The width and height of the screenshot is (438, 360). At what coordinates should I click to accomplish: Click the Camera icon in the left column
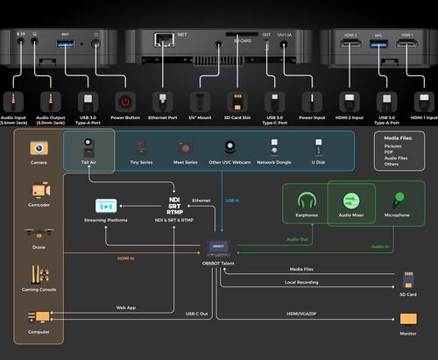click(39, 149)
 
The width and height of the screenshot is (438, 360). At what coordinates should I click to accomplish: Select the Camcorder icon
click(39, 190)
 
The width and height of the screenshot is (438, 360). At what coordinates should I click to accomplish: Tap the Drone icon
click(39, 233)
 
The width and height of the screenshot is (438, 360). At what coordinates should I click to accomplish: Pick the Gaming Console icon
click(39, 274)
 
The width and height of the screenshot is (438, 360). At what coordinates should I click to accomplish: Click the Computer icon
click(39, 316)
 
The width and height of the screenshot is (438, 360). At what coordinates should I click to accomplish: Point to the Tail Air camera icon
click(88, 147)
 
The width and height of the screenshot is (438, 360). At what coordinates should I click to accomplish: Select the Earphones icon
click(307, 201)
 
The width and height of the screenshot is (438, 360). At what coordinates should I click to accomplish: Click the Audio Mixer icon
click(351, 201)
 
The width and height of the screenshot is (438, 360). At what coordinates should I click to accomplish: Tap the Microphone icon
click(396, 201)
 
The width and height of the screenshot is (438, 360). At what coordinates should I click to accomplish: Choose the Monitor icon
click(408, 318)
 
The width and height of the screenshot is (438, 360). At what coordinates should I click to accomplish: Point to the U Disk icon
click(318, 147)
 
